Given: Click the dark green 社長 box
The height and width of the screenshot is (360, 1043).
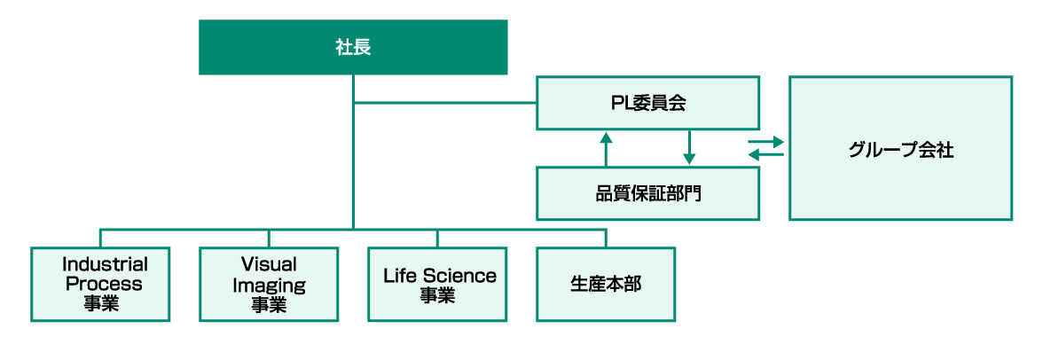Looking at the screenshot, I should coord(353,47).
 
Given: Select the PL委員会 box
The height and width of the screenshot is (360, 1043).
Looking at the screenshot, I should coord(647,103).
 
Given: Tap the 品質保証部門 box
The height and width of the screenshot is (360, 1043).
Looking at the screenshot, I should coord(647,192).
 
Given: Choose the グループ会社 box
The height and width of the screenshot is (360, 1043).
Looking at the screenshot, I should coord(900,148).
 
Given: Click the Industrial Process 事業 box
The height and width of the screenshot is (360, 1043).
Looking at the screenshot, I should coord(100,284).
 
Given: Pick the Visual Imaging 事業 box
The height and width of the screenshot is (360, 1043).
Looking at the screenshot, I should coord(269,284).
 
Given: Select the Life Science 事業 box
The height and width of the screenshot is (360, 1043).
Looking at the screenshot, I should coord(437,284).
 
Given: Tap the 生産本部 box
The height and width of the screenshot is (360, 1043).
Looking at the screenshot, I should coord(606,284).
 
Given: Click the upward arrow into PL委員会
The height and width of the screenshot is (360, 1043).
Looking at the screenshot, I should coord(606,148).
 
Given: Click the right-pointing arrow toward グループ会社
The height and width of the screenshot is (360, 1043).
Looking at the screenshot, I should coord(766,141).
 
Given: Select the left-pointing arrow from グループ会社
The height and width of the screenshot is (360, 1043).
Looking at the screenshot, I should coord(766,155).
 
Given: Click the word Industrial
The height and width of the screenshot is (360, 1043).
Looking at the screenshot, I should coord(105,264).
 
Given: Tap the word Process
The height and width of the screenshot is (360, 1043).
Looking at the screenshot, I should coord(104,284).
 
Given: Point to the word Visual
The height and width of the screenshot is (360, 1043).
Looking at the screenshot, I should coord(269,264).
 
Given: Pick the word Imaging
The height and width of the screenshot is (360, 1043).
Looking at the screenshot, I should coord(269,285).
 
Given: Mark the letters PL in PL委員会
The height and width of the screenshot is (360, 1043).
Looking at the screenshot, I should coord(618,104).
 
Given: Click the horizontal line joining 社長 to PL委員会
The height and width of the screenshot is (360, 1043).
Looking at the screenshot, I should coord(444,103).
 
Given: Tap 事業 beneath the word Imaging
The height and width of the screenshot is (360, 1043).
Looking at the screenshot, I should coord(269,304).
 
